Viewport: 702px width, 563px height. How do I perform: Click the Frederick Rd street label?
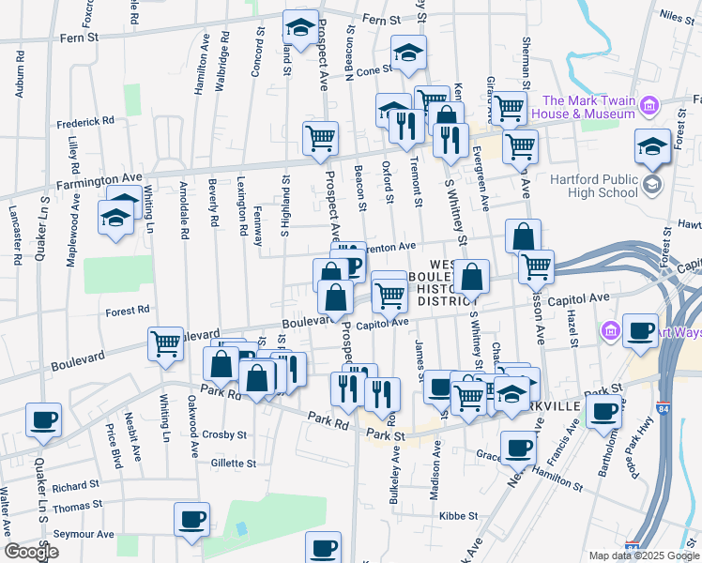(x=84, y=121)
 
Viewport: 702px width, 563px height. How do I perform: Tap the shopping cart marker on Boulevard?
(x=166, y=343)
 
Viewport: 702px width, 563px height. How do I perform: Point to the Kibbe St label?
(x=460, y=516)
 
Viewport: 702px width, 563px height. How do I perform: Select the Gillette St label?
(x=233, y=464)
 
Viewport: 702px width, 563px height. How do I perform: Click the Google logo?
(x=31, y=552)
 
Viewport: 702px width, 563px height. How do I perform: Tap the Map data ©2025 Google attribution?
(x=643, y=555)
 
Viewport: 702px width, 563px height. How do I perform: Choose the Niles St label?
(x=676, y=15)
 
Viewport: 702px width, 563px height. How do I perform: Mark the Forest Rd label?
(x=129, y=310)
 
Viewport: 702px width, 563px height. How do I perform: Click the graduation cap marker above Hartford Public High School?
(x=652, y=146)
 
